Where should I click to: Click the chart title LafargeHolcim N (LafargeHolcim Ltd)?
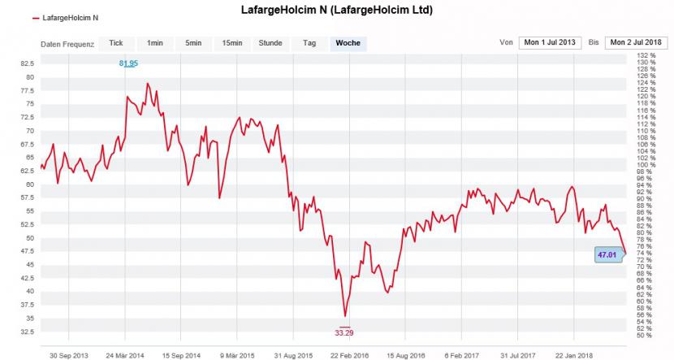click(x=337, y=11)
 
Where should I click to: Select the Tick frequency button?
click(x=116, y=43)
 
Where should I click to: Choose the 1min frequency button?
click(x=154, y=43)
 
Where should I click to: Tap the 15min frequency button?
click(x=232, y=43)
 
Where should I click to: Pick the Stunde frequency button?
click(x=270, y=43)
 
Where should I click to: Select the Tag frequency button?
click(x=309, y=43)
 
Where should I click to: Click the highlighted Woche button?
click(x=348, y=43)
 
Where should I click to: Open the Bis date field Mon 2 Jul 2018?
click(x=635, y=42)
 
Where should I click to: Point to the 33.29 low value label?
click(x=345, y=332)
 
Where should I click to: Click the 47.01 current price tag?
click(x=607, y=254)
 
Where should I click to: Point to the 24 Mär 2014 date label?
click(x=125, y=354)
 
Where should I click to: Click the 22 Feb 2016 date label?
click(x=349, y=354)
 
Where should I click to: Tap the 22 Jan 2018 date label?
click(x=573, y=354)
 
